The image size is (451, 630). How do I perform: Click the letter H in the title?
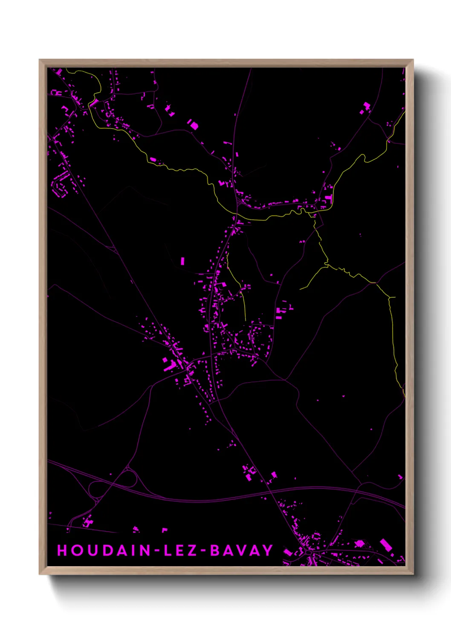tap(62, 550)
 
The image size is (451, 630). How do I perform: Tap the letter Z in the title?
tap(192, 550)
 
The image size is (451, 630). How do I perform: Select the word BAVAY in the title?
tap(241, 550)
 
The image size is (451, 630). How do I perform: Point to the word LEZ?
tap(179, 550)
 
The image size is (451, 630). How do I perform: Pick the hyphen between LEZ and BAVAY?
tap(203, 551)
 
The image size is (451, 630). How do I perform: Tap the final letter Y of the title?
tap(268, 550)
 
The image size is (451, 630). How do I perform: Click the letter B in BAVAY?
tap(216, 550)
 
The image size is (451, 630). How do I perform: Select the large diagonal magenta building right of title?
tap(386, 545)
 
